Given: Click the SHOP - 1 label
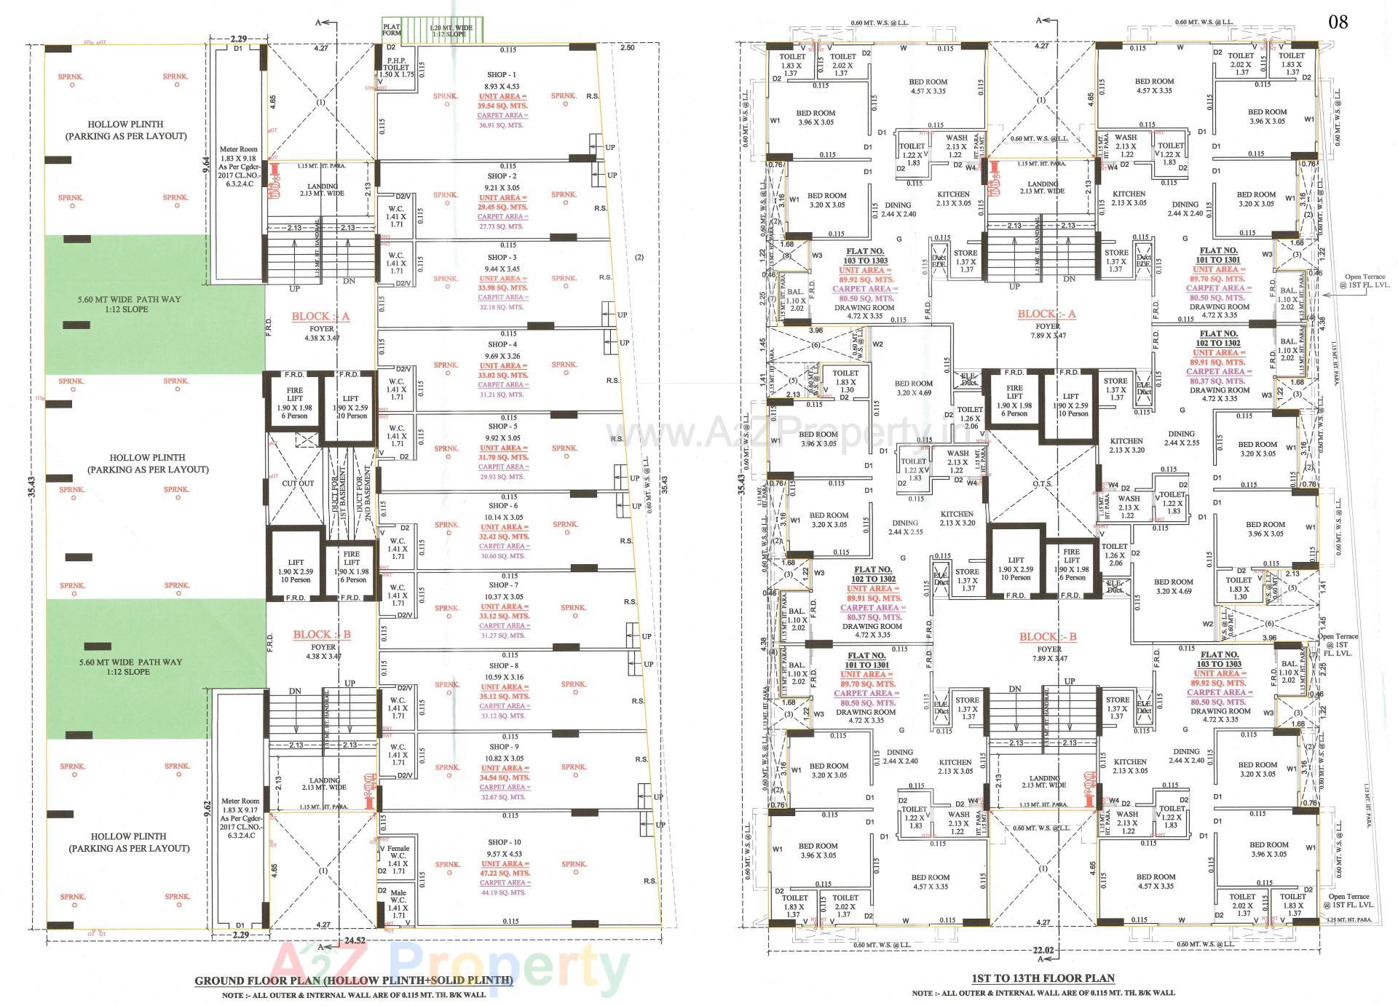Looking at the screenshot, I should pos(502,75).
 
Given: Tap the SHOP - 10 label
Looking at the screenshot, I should pos(504,842).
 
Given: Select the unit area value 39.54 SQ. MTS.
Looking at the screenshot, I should pos(502,106).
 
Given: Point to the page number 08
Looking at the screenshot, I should pos(1338,22).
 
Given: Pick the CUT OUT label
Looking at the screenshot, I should pos(298,483).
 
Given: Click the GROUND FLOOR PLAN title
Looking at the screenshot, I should pos(353,980).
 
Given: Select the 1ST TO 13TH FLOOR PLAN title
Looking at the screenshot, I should pos(1043,978).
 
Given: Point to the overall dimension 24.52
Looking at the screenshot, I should pos(355,940).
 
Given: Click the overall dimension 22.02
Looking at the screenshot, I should pos(1043,949).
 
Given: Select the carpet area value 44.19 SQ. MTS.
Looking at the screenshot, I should pos(502,892).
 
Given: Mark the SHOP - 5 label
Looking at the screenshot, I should pos(503,427).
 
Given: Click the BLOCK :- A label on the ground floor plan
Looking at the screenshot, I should pos(321,317).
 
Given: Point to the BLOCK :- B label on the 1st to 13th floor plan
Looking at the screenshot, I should pos(1048,637).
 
